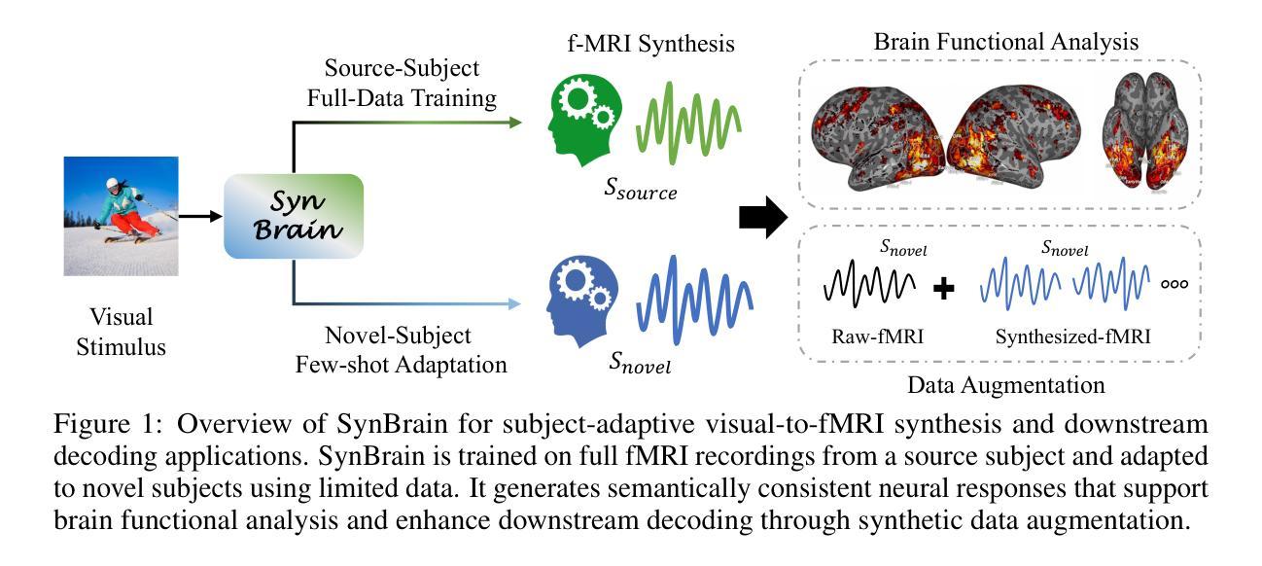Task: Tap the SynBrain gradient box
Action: [294, 216]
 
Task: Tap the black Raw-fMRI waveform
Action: [870, 282]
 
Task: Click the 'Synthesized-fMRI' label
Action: [1073, 337]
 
